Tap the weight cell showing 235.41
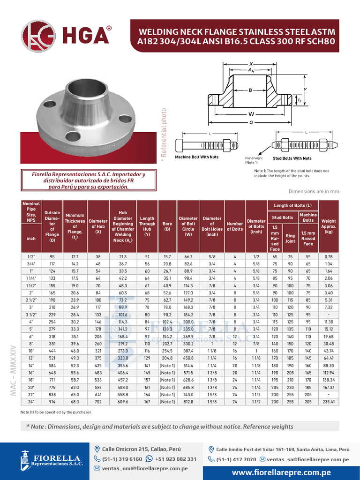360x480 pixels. point(329,402)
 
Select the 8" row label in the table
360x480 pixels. point(30,344)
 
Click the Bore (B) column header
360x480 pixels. point(167,226)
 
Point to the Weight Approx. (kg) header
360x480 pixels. point(329,226)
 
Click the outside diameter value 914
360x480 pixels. point(52,402)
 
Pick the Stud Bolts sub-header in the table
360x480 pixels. point(283,217)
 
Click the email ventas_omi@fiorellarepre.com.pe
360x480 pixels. point(145,468)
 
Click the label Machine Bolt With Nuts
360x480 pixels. point(197,157)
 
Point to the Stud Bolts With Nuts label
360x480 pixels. point(292,158)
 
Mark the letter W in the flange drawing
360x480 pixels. point(251,114)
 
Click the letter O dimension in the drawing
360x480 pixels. point(251,123)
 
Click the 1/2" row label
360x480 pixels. point(30,256)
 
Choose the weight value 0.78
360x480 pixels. point(329,256)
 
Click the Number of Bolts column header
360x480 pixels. point(234,226)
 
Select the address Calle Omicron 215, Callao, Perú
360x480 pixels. point(141,449)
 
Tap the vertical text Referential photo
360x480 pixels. point(164,136)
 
